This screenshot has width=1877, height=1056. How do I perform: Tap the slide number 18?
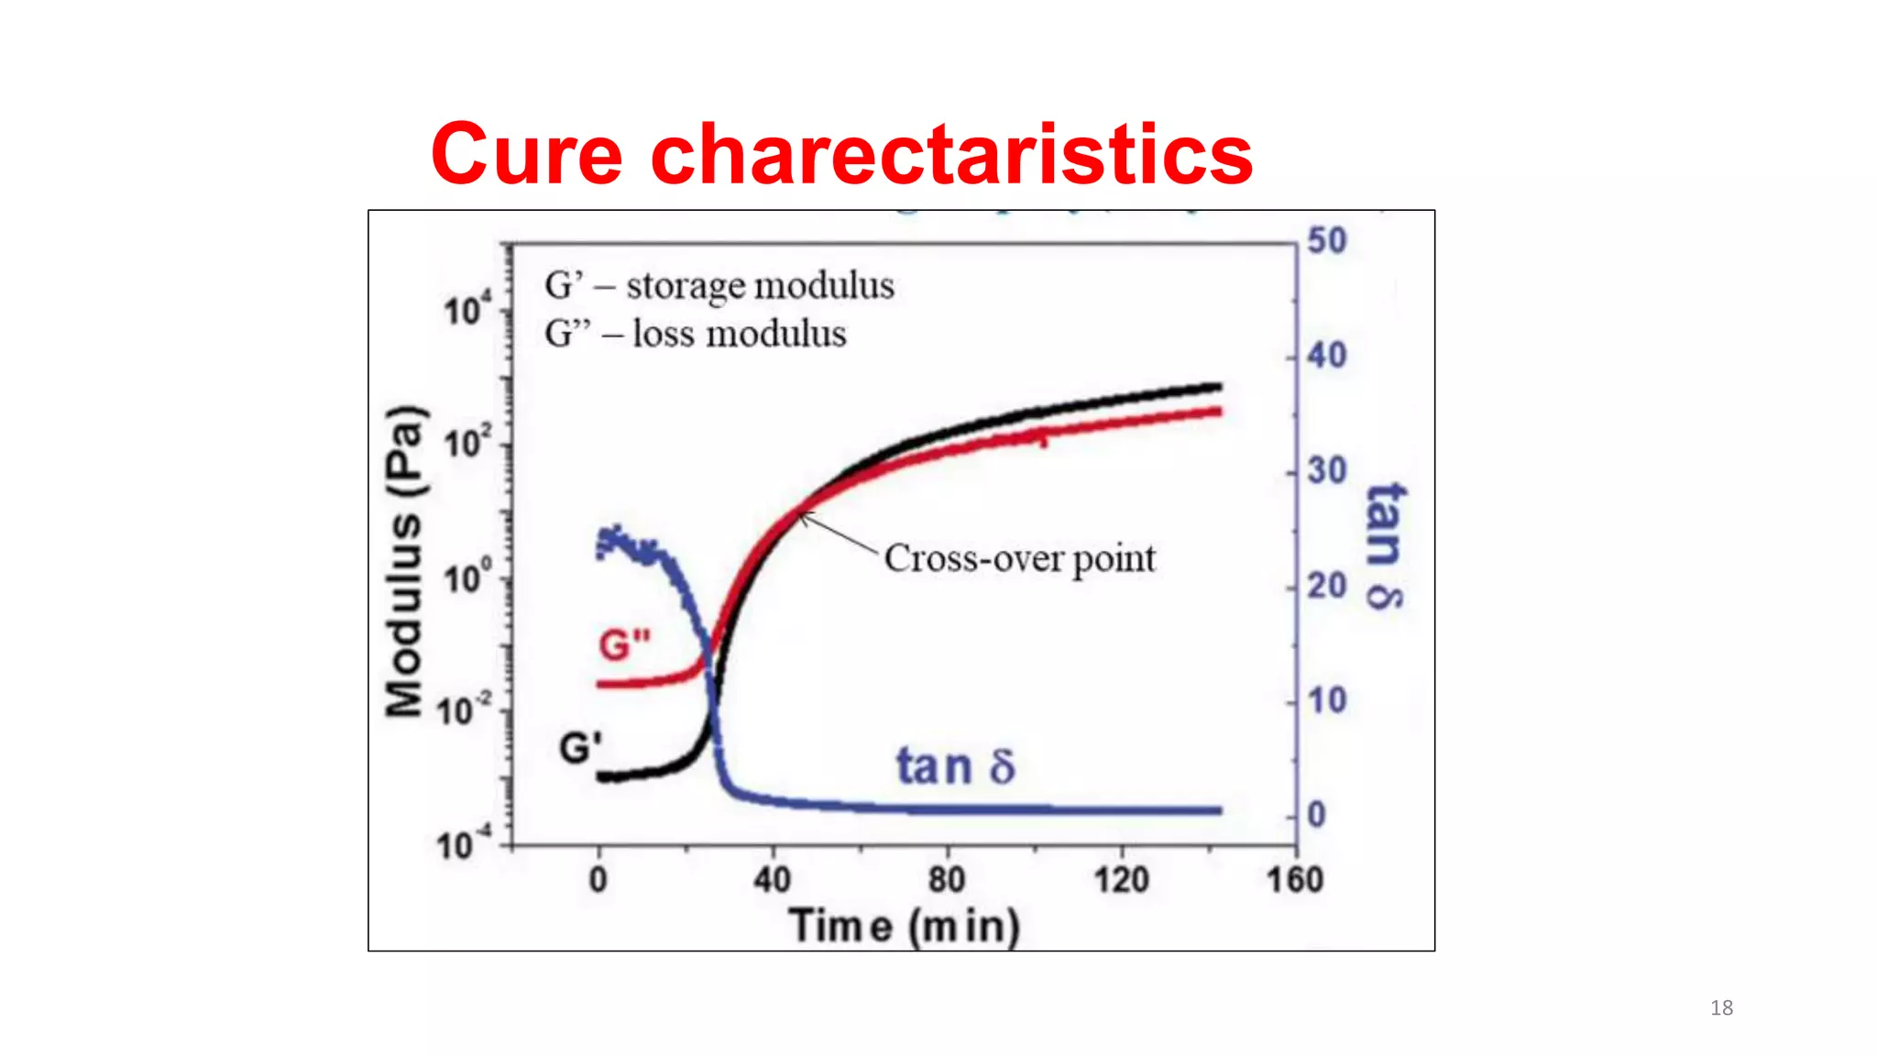click(x=1721, y=1008)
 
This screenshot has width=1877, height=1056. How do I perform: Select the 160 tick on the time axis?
click(x=1294, y=880)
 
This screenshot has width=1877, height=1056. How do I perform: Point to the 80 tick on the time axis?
click(x=946, y=880)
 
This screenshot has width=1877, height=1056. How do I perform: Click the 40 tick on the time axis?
click(x=772, y=880)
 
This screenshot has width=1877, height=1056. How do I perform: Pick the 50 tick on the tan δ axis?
click(x=1326, y=241)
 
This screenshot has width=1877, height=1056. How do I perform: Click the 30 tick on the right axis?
click(x=1326, y=471)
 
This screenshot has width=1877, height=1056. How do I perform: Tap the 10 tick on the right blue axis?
click(x=1326, y=701)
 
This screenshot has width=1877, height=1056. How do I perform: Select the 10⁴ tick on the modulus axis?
click(x=467, y=310)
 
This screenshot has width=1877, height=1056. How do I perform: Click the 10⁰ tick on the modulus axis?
click(x=467, y=577)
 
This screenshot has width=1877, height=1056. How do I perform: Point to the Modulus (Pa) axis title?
click(x=405, y=561)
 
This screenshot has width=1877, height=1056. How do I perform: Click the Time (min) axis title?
click(x=904, y=926)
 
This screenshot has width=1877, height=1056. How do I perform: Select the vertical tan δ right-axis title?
click(x=1384, y=546)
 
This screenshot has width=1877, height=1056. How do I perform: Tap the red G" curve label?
click(x=624, y=645)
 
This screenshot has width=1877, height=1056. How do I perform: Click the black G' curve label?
click(x=580, y=748)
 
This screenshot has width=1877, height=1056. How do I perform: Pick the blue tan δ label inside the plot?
click(x=955, y=766)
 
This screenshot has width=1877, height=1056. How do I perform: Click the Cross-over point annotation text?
click(x=1019, y=558)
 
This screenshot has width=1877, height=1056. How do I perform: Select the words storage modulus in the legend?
click(x=760, y=285)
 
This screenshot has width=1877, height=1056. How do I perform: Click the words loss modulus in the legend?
click(x=739, y=334)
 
